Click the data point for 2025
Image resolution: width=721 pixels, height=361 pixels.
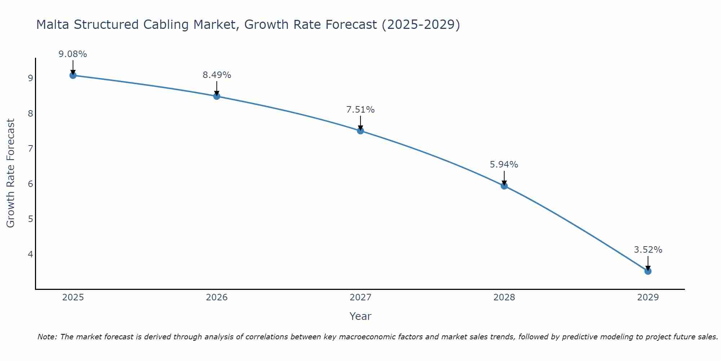pyautogui.click(x=73, y=75)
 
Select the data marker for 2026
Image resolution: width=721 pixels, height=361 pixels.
pyautogui.click(x=217, y=96)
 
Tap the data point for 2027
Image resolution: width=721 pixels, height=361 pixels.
pyautogui.click(x=360, y=131)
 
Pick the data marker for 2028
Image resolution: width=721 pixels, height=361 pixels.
pyautogui.click(x=504, y=186)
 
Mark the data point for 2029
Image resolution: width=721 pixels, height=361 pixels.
pyautogui.click(x=648, y=271)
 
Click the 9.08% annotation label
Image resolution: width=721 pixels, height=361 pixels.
pyautogui.click(x=73, y=54)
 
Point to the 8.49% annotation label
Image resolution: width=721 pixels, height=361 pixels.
pyautogui.click(x=217, y=75)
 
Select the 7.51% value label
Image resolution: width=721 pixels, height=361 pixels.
pyautogui.click(x=360, y=109)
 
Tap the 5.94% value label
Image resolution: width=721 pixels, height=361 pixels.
pyautogui.click(x=504, y=165)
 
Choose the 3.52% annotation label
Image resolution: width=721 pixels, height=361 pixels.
pyautogui.click(x=648, y=250)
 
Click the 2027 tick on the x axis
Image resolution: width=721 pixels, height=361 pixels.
pyautogui.click(x=360, y=297)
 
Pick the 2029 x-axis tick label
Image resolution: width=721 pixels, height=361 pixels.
pyautogui.click(x=648, y=297)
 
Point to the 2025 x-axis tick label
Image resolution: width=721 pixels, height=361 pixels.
pyautogui.click(x=73, y=297)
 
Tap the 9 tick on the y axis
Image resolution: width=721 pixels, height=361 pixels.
pyautogui.click(x=30, y=78)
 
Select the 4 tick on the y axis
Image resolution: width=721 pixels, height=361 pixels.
pyautogui.click(x=30, y=254)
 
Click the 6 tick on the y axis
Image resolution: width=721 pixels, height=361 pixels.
pyautogui.click(x=30, y=184)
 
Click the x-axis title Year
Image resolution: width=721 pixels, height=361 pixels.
pyautogui.click(x=360, y=316)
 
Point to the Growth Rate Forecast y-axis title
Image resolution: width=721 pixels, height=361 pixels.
pyautogui.click(x=11, y=173)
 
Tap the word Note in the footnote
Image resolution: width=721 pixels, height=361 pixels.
pyautogui.click(x=47, y=337)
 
